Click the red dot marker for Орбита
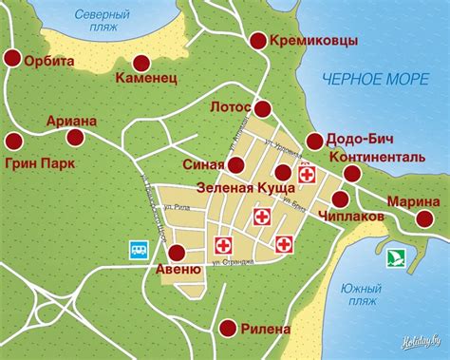(13, 59)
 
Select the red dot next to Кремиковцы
(258, 40)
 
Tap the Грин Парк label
(41, 162)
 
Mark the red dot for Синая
(234, 163)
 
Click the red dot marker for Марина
(422, 220)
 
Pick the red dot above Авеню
(176, 253)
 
